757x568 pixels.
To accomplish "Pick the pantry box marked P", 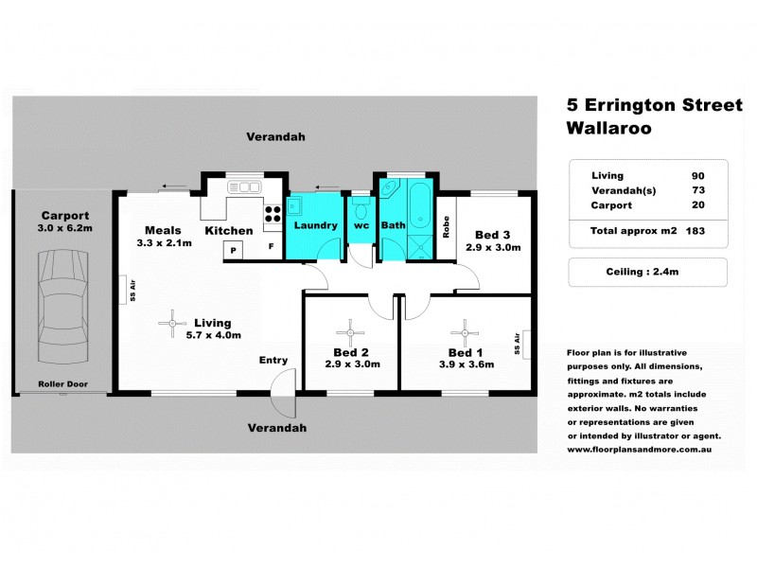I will tap(233, 249).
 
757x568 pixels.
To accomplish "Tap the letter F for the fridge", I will tap(272, 249).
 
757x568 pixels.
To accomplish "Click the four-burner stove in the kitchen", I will tap(273, 213).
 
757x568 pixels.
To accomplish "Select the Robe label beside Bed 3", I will tap(446, 228).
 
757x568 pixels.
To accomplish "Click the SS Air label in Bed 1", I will tap(518, 344).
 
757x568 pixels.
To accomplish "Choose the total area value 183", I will tap(695, 230).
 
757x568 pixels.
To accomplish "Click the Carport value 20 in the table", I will tap(697, 204).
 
